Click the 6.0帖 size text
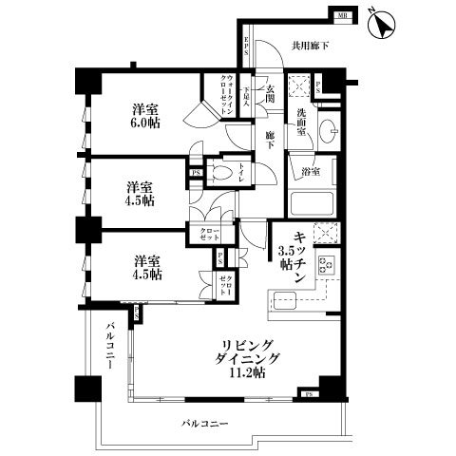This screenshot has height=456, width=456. pyautogui.click(x=145, y=123)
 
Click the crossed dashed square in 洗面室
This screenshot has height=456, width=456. pyautogui.click(x=298, y=87)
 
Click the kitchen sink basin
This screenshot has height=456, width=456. pyautogui.click(x=288, y=303)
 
